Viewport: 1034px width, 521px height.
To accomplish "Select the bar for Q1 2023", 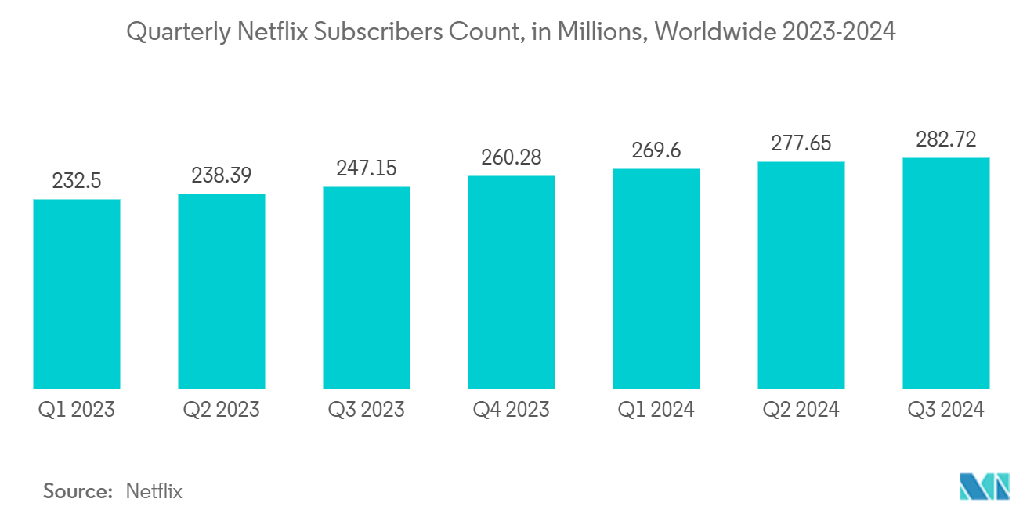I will click(x=77, y=294).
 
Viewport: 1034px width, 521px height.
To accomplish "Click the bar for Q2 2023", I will click(x=222, y=291).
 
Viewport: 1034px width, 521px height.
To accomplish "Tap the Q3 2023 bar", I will click(x=367, y=288).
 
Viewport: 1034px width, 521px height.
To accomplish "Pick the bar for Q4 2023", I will click(x=512, y=282).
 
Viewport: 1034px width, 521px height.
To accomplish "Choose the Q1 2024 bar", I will click(x=656, y=278).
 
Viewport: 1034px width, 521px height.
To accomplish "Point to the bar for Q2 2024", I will click(x=801, y=275).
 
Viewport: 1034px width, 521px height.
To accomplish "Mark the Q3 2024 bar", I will click(x=946, y=273).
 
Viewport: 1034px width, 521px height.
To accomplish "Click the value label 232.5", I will click(x=77, y=183).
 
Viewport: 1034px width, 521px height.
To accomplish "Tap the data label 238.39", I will click(x=222, y=176).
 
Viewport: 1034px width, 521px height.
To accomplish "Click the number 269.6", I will click(x=656, y=152).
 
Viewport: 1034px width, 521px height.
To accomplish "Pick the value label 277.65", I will click(x=801, y=145).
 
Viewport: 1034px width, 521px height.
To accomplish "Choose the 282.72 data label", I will click(x=946, y=141).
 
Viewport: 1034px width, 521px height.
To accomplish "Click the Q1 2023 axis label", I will click(x=77, y=410).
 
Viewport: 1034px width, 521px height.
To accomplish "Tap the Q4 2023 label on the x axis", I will click(x=512, y=410).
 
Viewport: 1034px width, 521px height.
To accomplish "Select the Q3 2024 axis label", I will click(x=946, y=410).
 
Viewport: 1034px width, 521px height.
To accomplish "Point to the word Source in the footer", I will click(x=78, y=491).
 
